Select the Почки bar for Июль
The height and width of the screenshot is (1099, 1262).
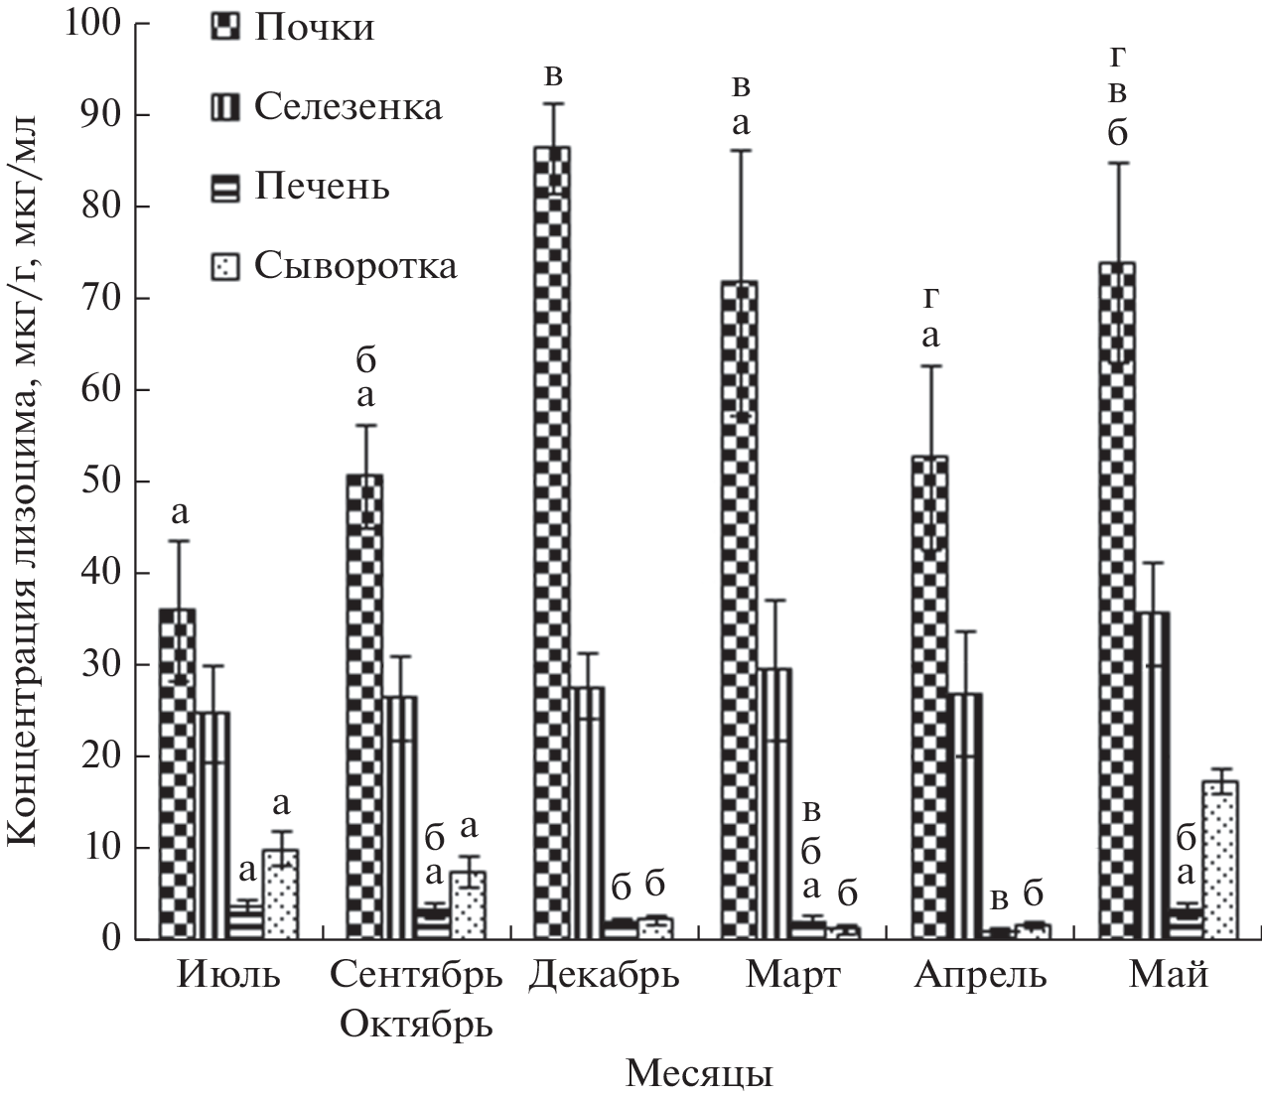(177, 773)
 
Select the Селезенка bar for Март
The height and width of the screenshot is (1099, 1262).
(775, 803)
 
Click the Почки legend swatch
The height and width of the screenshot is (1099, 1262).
(224, 27)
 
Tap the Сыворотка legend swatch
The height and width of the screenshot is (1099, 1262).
(224, 265)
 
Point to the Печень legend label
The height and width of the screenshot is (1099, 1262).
(322, 187)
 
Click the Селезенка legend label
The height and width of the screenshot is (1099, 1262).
(348, 106)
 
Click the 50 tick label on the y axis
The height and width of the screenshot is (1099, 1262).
(102, 481)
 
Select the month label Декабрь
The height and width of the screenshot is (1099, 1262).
(604, 977)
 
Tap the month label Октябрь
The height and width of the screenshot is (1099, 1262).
(416, 1023)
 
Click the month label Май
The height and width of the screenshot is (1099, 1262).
(1169, 977)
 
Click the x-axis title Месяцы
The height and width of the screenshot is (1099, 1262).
(701, 1074)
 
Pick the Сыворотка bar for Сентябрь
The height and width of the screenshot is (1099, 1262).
(469, 905)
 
